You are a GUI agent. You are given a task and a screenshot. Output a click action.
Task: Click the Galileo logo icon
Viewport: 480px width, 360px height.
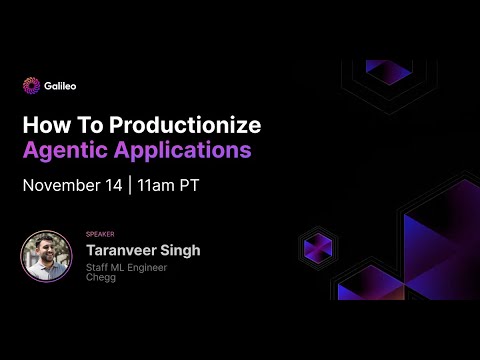[31, 85]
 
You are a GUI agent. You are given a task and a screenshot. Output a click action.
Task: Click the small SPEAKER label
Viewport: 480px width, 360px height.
[101, 234]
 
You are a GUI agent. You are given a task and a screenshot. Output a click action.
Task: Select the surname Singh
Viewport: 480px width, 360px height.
[181, 250]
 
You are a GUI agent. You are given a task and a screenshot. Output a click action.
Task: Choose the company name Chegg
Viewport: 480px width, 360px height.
[102, 278]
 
